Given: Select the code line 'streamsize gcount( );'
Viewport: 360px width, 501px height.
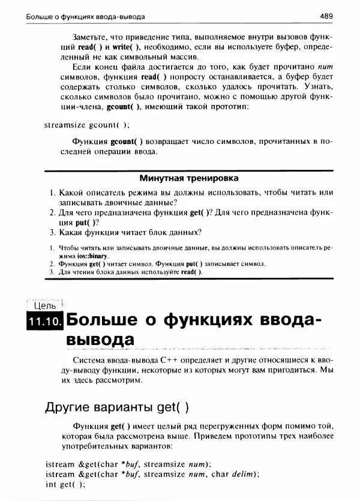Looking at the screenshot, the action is (86, 125).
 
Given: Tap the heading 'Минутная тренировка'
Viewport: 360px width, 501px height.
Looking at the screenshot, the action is (189, 178).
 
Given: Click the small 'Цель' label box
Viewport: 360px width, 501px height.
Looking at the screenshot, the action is (44, 305).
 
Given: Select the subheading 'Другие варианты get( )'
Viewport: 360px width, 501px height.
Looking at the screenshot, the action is (117, 407).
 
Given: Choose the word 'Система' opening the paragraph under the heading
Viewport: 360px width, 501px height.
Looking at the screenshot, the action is (89, 359).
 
